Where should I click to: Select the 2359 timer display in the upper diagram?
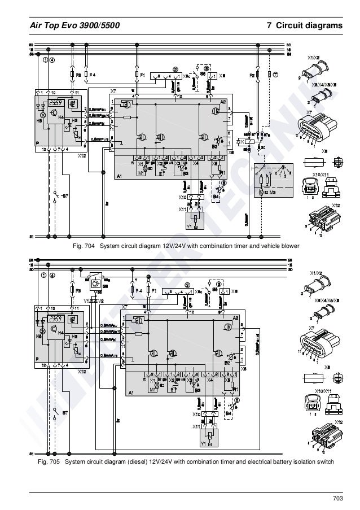(x=55, y=103)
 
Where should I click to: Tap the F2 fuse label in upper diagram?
(x=252, y=74)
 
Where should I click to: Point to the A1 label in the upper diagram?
(x=119, y=176)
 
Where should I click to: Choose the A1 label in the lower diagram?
(x=131, y=393)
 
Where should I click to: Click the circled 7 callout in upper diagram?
(x=275, y=74)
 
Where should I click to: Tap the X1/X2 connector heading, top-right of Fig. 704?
(x=313, y=58)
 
